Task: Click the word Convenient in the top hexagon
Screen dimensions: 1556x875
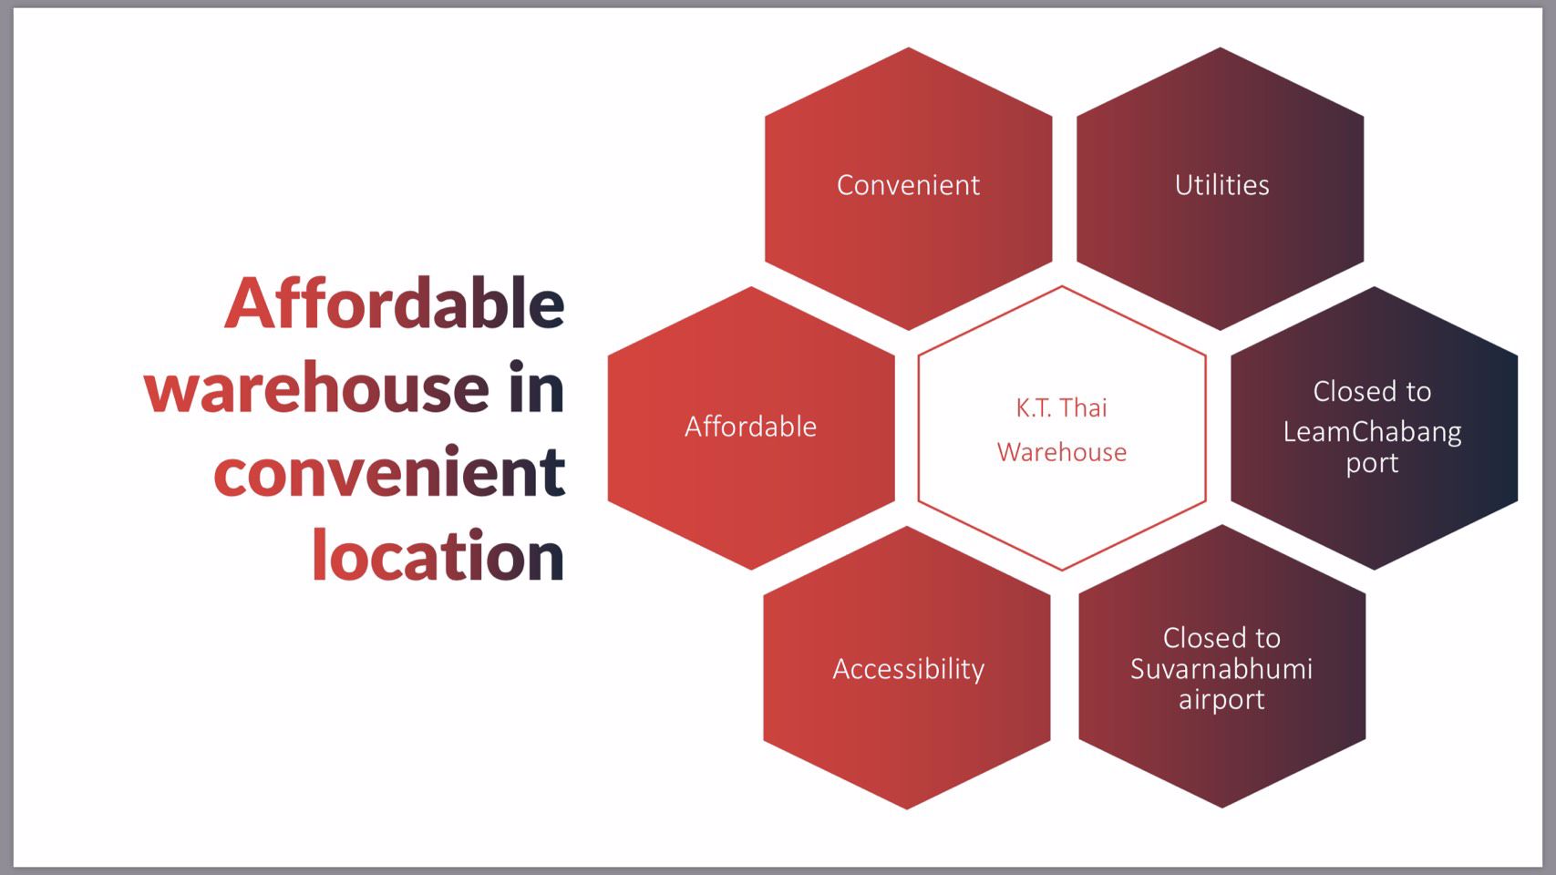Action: [x=908, y=185]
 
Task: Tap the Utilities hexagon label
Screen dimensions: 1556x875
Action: [x=1221, y=185]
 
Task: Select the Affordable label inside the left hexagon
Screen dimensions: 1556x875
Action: [x=751, y=427]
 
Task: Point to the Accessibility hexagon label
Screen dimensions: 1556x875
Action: [x=909, y=669]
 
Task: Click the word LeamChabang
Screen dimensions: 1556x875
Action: [x=1372, y=433]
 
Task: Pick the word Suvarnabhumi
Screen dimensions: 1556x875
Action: [x=1221, y=669]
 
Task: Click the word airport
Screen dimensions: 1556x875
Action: [x=1221, y=699]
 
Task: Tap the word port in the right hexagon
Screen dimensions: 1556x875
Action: [x=1372, y=463]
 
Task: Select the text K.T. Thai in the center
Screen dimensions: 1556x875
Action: [x=1061, y=408]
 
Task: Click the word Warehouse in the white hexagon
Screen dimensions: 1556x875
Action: [x=1061, y=453]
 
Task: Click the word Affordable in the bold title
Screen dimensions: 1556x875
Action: [x=395, y=303]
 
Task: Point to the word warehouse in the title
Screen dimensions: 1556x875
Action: [x=316, y=387]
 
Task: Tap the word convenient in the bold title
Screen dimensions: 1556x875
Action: [x=390, y=472]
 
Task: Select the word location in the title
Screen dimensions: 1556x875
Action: [x=438, y=556]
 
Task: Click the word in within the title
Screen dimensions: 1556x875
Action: [x=536, y=386]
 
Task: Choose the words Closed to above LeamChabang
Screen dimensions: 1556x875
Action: [x=1372, y=392]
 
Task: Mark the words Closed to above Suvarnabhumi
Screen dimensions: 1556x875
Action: [x=1221, y=638]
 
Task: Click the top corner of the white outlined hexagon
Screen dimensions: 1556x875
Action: [x=1062, y=286]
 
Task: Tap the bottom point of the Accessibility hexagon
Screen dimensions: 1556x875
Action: [x=906, y=809]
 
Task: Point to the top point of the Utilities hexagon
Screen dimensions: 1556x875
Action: [x=1221, y=47]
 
